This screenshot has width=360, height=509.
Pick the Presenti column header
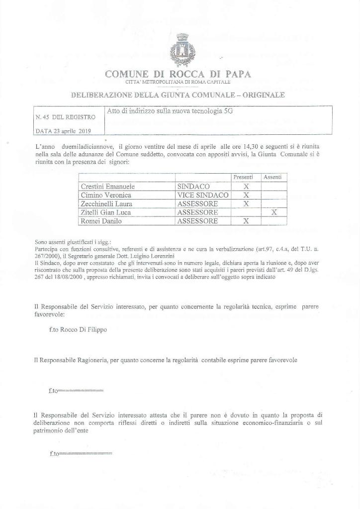pos(244,177)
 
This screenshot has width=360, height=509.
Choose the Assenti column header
pos(272,177)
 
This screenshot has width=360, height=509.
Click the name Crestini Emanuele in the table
pos(107,186)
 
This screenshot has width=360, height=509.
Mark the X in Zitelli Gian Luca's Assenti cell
pos(273,212)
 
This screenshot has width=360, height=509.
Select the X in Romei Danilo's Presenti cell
pos(245,221)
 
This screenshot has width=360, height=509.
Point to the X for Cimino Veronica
pos(245,195)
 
